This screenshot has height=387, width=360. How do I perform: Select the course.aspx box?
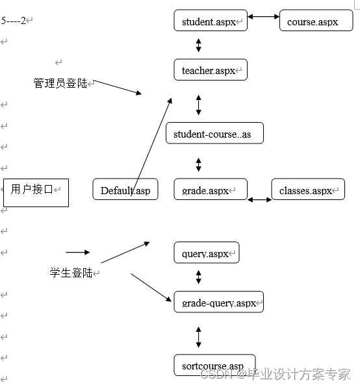click(316, 21)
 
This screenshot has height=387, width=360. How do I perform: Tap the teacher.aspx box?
click(211, 69)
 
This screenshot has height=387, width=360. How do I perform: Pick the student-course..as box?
click(214, 133)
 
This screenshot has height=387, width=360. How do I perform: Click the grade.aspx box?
click(211, 189)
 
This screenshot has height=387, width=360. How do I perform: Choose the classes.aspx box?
click(307, 190)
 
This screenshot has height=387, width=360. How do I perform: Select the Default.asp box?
click(125, 189)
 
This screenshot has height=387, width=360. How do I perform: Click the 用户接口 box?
click(36, 192)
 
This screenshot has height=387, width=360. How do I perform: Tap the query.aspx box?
click(207, 253)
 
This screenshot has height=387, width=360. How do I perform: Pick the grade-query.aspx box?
click(218, 302)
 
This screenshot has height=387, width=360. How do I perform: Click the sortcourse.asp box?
click(214, 365)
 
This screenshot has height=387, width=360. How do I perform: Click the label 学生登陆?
click(71, 273)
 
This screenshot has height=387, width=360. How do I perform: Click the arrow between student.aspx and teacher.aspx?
click(199, 45)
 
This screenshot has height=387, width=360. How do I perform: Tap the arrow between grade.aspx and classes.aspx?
click(259, 199)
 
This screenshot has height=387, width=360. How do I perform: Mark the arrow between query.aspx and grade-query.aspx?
click(199, 277)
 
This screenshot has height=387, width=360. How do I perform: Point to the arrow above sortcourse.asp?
click(199, 336)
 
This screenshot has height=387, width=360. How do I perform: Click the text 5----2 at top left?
click(14, 21)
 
